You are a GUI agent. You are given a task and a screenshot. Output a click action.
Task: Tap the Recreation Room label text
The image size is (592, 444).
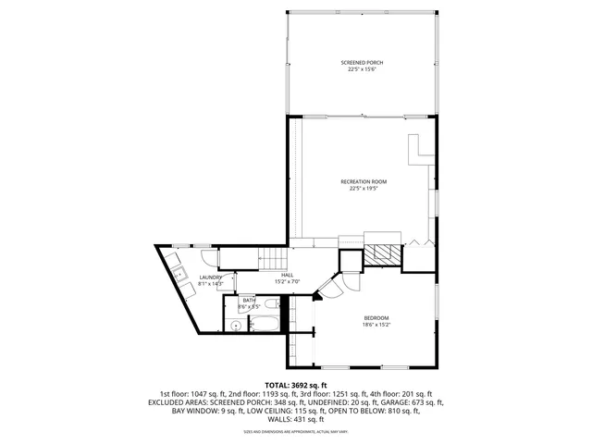click(363, 182)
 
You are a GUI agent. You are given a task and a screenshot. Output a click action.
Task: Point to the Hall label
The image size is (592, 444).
click(288, 276)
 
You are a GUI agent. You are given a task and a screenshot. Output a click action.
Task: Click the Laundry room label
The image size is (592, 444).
click(210, 277)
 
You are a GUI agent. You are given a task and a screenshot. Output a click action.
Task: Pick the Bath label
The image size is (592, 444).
click(249, 301)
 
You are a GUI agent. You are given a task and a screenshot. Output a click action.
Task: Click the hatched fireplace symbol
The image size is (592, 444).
click(382, 254)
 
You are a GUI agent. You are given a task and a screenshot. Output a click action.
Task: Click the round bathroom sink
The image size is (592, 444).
click(236, 326)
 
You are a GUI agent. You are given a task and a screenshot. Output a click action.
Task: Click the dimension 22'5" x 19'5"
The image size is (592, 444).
click(363, 189)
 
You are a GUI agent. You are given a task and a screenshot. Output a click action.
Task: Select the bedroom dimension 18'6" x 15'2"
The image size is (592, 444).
click(376, 325)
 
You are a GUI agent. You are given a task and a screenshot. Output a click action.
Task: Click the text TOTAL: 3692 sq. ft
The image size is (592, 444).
click(295, 385)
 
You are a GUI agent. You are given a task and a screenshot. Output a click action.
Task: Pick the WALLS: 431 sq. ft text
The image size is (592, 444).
click(296, 419)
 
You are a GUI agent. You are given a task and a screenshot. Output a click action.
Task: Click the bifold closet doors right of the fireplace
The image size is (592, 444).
click(419, 242)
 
